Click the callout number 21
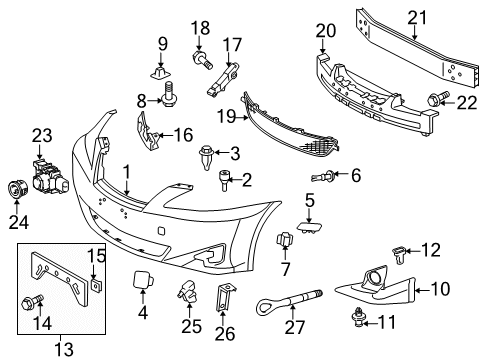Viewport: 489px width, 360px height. point(417,18)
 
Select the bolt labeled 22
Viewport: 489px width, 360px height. point(438,98)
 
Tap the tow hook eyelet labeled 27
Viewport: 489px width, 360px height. point(288,301)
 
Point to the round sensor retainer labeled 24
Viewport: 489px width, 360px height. point(17,189)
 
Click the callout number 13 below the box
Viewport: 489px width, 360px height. point(63,349)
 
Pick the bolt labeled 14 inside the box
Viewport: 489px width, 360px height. point(32,301)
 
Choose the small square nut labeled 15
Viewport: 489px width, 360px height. point(96,285)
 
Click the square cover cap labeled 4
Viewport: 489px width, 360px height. point(143,279)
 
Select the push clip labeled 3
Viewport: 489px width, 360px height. point(205,157)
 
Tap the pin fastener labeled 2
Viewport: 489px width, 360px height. point(224,180)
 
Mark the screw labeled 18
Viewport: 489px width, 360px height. point(202,60)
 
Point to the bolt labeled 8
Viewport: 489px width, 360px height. point(170,95)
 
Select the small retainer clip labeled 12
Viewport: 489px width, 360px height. point(399,255)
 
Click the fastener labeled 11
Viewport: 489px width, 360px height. point(358,318)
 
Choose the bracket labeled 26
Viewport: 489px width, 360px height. point(226,298)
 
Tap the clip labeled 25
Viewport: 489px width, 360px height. point(188,290)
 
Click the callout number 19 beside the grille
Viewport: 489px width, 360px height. point(226,117)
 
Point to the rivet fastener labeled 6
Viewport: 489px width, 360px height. point(323,175)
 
